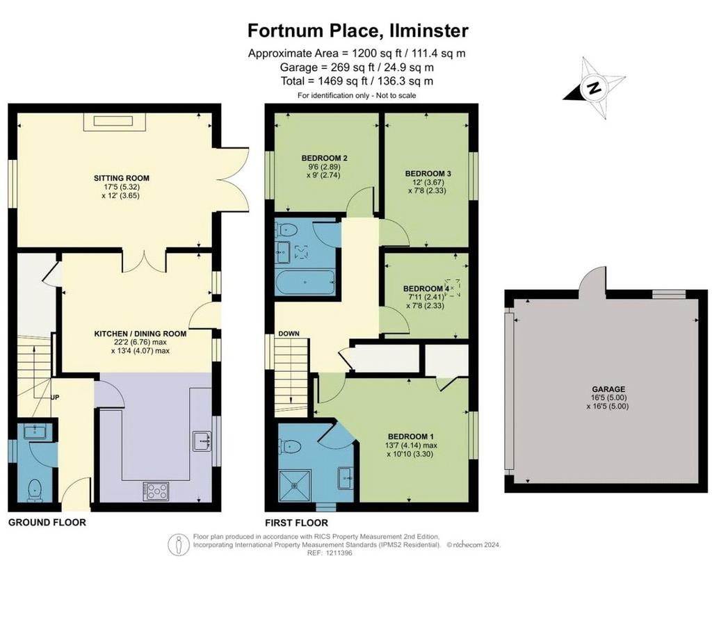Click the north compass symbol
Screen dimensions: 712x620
point(594,88)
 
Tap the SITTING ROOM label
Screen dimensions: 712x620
point(122,178)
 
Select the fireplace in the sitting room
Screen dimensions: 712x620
point(113,122)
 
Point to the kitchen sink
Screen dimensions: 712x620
point(202,441)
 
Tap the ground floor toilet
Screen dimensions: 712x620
point(35,491)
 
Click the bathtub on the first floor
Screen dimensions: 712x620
point(305,282)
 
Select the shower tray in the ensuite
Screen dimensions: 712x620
point(295,486)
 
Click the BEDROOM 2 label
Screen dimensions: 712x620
point(325,158)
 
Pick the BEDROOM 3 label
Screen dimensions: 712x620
point(428,173)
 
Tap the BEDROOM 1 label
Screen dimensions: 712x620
point(412,437)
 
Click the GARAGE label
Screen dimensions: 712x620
point(608,389)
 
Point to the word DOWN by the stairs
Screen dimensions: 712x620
point(289,334)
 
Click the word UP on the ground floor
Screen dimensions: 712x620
point(55,397)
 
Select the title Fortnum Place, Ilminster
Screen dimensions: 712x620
point(358,31)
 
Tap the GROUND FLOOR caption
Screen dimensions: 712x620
point(47,523)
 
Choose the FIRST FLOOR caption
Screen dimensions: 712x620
point(296,523)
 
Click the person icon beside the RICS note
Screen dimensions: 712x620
point(179,545)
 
